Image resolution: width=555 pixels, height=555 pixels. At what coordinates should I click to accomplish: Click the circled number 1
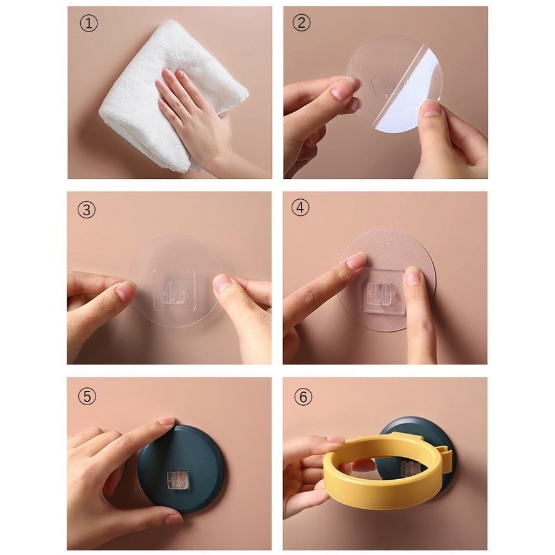(88, 23)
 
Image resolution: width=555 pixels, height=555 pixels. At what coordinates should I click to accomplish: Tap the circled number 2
(301, 23)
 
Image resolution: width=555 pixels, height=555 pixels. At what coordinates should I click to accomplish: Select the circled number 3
(86, 210)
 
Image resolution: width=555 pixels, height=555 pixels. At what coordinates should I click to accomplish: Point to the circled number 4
(300, 208)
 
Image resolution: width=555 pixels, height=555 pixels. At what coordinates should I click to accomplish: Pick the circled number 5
(87, 396)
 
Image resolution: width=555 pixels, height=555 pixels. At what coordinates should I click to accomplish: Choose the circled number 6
(303, 397)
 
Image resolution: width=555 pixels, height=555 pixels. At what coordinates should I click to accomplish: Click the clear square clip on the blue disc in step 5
(178, 480)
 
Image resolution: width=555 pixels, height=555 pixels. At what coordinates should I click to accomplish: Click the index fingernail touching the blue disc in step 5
(166, 422)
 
